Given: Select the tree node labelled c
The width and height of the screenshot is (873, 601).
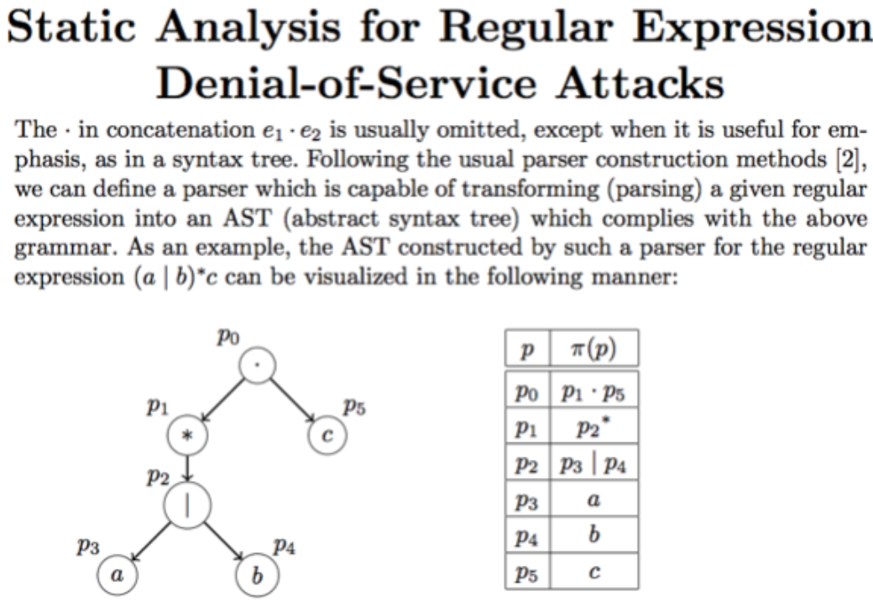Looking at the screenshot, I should click(x=327, y=436).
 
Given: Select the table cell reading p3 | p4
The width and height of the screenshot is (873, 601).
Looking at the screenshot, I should click(x=594, y=465).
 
